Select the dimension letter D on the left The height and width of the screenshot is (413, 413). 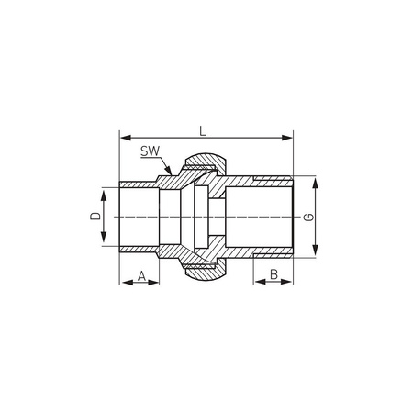(95, 216)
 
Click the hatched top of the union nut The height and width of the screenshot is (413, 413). (200, 165)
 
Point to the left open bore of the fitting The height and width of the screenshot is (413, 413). (138, 217)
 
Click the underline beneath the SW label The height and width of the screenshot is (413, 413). (152, 157)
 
